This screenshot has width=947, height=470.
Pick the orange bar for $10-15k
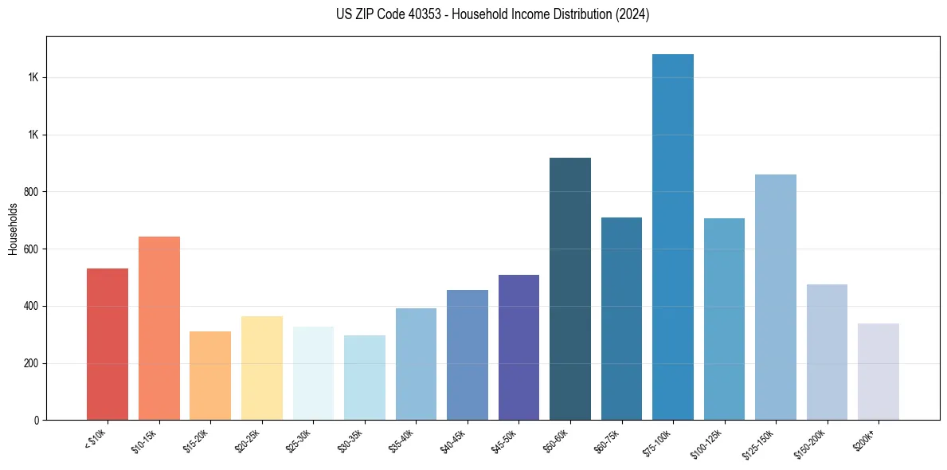(159, 328)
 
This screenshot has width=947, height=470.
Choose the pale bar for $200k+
(879, 371)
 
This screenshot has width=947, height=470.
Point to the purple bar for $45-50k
(519, 347)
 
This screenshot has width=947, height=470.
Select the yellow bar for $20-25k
(262, 368)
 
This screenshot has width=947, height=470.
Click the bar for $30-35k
(365, 378)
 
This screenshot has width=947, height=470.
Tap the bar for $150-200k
(827, 352)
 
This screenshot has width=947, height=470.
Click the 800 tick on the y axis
(32, 192)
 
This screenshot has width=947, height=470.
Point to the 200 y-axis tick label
(32, 363)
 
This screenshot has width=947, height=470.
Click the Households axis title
(13, 229)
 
